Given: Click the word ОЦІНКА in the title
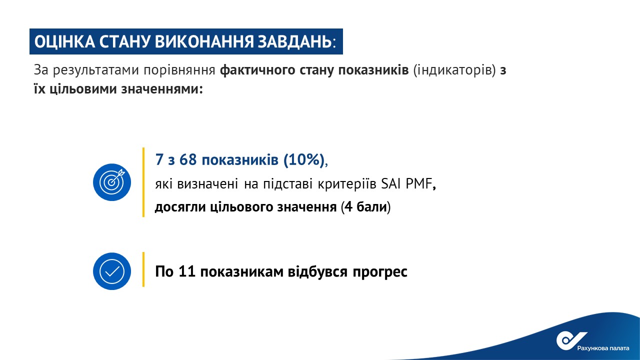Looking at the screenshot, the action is (64, 41).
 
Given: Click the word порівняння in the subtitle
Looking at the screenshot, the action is (179, 70).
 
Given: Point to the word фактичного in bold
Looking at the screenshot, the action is (257, 70).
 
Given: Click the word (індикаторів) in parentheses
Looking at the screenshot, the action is (454, 70).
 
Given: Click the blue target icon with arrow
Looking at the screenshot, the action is (112, 182).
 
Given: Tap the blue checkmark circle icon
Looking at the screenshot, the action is (112, 271).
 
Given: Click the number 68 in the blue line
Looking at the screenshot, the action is (188, 159).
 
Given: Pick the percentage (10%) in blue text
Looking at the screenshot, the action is (303, 159).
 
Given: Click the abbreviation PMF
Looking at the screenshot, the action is (418, 183).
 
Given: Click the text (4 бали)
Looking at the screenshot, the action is (365, 207).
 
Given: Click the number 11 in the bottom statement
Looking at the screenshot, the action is (187, 271).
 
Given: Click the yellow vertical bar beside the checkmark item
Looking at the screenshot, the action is (143, 269).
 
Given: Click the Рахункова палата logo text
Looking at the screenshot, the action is (603, 348).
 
